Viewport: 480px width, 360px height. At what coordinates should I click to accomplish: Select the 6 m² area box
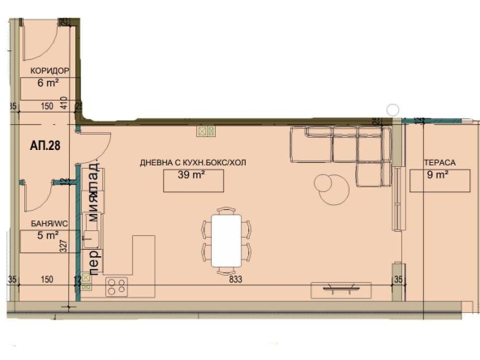pyautogui.click(x=48, y=82)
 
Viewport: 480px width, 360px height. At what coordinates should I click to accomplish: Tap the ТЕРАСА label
pyautogui.click(x=439, y=163)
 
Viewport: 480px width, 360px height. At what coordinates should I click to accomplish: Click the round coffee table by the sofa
pyautogui.click(x=332, y=191)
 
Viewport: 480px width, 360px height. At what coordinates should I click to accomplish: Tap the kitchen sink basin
pyautogui.click(x=90, y=237)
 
